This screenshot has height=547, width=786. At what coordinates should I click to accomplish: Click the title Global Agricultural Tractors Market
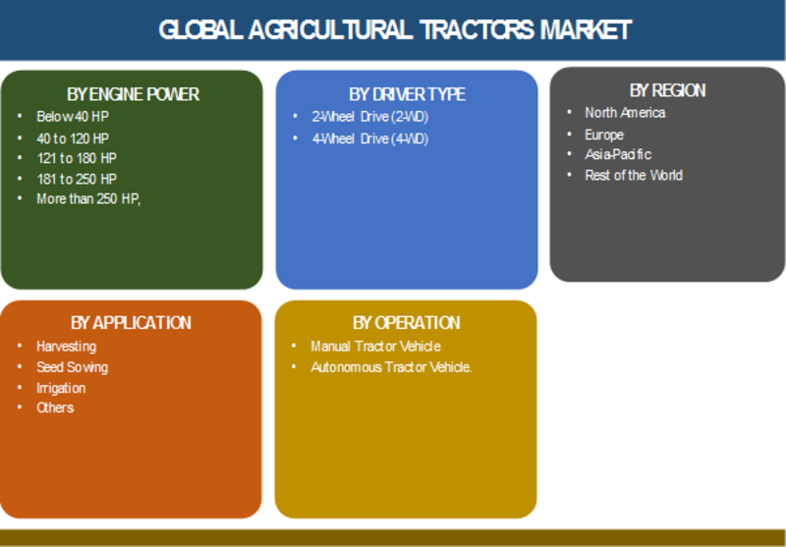click(x=395, y=30)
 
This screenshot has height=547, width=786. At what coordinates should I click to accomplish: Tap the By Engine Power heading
click(x=133, y=94)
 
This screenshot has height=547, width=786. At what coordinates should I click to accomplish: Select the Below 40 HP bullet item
click(x=73, y=117)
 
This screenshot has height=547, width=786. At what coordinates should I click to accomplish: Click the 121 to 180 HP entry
click(x=77, y=158)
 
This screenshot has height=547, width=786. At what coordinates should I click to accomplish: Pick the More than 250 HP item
click(x=88, y=199)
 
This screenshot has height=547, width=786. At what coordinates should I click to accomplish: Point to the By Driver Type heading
click(x=407, y=94)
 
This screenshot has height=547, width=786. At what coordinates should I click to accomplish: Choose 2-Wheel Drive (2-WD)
click(x=370, y=117)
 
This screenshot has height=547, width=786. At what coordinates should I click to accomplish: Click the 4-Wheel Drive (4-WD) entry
click(x=370, y=138)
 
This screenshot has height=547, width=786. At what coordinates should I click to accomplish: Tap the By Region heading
click(x=668, y=90)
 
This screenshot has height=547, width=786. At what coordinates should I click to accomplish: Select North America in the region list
click(x=625, y=113)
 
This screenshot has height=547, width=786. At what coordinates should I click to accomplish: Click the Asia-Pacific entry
click(x=618, y=154)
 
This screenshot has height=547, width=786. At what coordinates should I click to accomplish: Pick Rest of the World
click(x=634, y=176)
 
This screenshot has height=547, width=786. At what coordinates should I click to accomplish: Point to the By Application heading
click(x=131, y=322)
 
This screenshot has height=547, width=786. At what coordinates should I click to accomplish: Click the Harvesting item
click(x=66, y=347)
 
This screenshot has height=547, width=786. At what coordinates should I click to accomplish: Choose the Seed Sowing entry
click(x=72, y=367)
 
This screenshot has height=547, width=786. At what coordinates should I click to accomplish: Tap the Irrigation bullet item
click(x=61, y=388)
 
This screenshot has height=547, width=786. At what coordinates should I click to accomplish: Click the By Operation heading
click(x=406, y=322)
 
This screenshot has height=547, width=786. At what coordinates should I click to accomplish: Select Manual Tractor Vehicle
click(x=375, y=347)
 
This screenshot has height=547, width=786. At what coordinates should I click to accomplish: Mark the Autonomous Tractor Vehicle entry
click(x=391, y=367)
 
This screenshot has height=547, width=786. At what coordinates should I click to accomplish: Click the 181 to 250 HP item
click(x=77, y=179)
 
